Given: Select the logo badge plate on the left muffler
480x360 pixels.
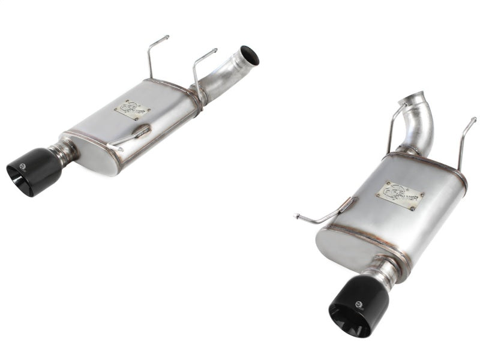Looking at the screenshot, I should (x=133, y=109).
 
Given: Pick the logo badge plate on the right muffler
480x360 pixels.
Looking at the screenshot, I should (x=400, y=196).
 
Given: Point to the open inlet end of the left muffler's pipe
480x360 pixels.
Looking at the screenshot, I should (x=250, y=55).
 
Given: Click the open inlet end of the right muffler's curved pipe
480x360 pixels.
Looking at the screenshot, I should (x=422, y=98).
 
